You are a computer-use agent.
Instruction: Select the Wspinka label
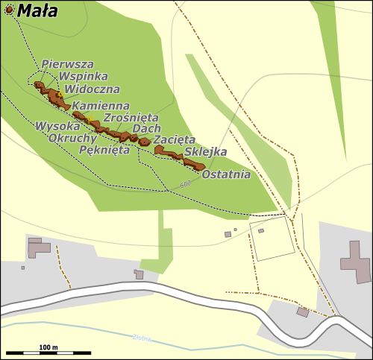[x=84, y=76]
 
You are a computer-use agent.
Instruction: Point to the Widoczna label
[x=93, y=89]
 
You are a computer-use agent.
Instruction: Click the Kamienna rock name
[x=100, y=107]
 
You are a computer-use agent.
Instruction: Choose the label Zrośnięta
[x=131, y=118]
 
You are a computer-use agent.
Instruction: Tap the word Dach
[x=141, y=129]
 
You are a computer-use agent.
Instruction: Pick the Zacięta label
[x=174, y=139]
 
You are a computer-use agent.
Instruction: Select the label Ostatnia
[x=226, y=175]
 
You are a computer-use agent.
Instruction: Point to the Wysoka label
[x=57, y=126]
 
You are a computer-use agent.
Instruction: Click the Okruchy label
[x=72, y=138]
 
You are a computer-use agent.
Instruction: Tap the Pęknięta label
[x=104, y=148]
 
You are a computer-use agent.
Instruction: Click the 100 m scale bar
[x=48, y=351]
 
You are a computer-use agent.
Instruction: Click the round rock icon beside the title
[x=8, y=9]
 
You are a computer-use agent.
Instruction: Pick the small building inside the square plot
[x=261, y=230]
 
